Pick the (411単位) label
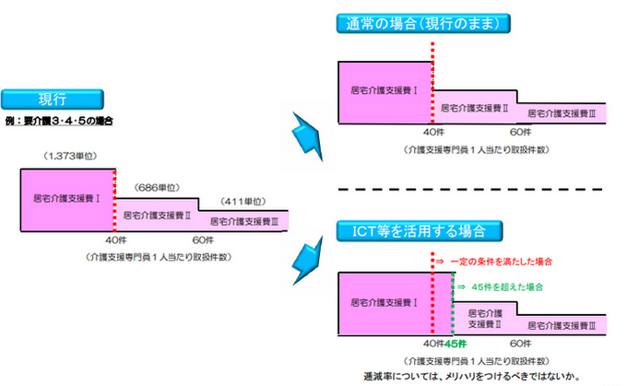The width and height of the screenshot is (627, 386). [243, 201]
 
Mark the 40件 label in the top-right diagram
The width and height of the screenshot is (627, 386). [432, 132]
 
